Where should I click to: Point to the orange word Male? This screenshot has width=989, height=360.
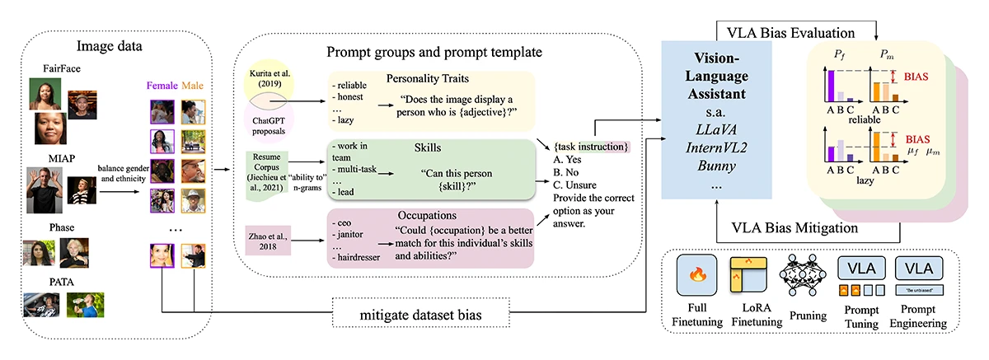(194, 85)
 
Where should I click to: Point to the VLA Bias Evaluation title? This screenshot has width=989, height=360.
(790, 32)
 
